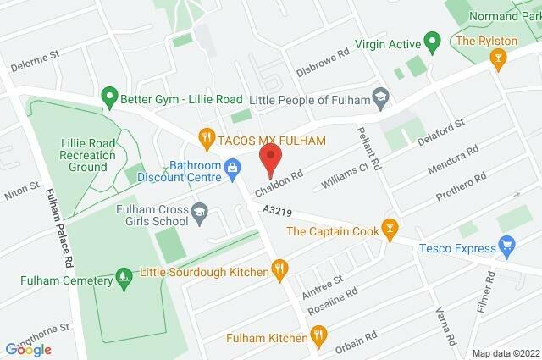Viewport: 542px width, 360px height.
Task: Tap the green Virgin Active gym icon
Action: coord(431,40)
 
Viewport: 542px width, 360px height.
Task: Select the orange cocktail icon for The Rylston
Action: coord(499,57)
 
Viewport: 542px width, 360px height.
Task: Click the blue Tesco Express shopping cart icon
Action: coord(507,247)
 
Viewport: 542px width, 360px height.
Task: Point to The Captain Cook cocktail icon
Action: coord(389,227)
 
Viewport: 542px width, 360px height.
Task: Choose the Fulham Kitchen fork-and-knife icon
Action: coord(318,338)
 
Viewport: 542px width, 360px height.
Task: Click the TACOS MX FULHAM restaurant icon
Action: coord(204,136)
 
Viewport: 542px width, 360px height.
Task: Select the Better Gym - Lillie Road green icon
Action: coord(108,97)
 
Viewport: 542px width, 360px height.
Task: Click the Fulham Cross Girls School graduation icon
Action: coord(199,210)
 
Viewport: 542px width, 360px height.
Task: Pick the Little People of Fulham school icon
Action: coord(380,97)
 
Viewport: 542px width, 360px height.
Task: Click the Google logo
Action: coord(29,349)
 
